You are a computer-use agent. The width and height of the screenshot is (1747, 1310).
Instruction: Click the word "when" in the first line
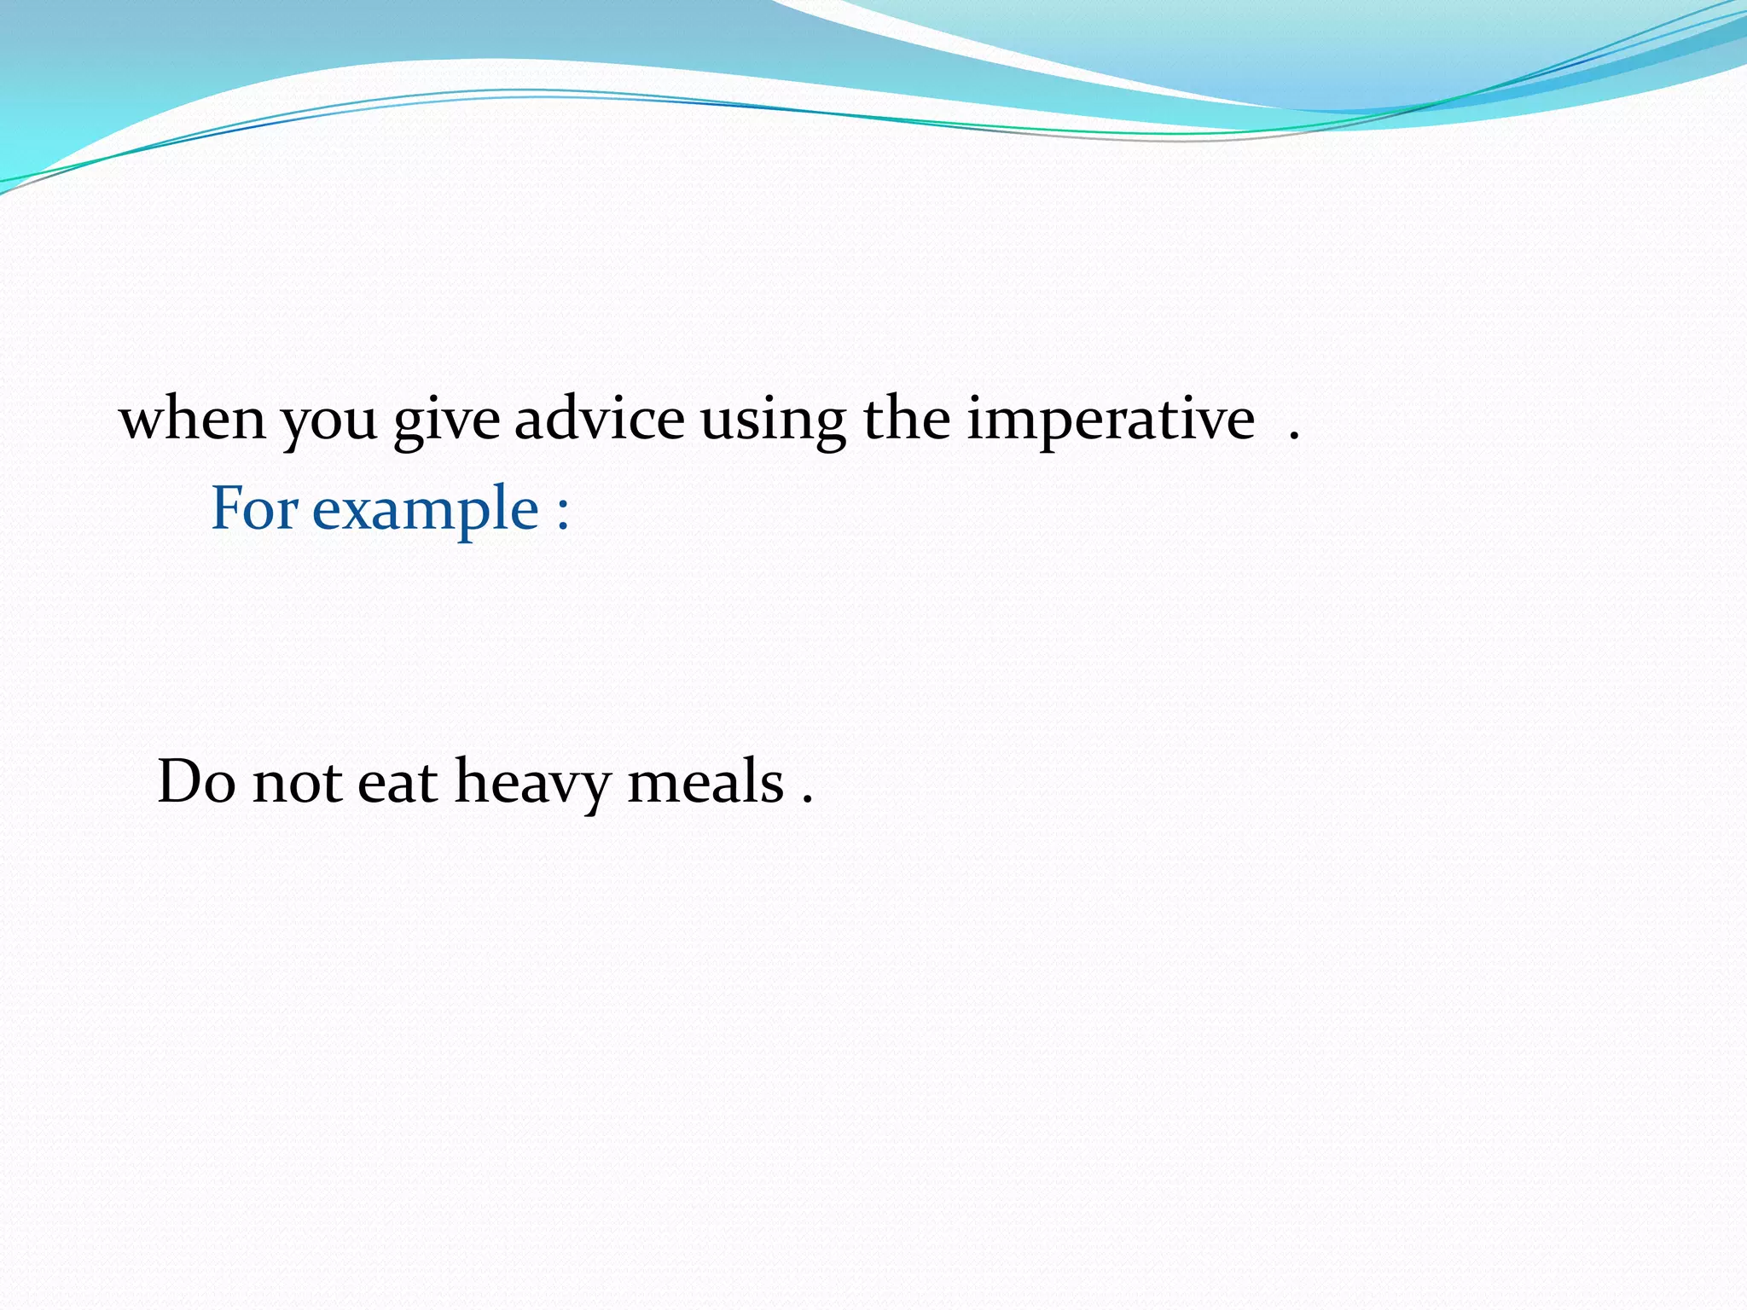click(x=193, y=420)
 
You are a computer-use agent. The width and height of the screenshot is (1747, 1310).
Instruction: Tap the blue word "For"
click(x=254, y=508)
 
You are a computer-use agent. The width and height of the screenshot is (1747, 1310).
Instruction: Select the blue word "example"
click(x=426, y=512)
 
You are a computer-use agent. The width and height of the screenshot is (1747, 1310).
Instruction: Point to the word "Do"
click(x=196, y=781)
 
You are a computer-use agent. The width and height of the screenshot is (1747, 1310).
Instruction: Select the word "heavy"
click(x=532, y=785)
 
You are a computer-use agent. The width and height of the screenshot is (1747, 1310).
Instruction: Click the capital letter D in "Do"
click(x=181, y=781)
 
